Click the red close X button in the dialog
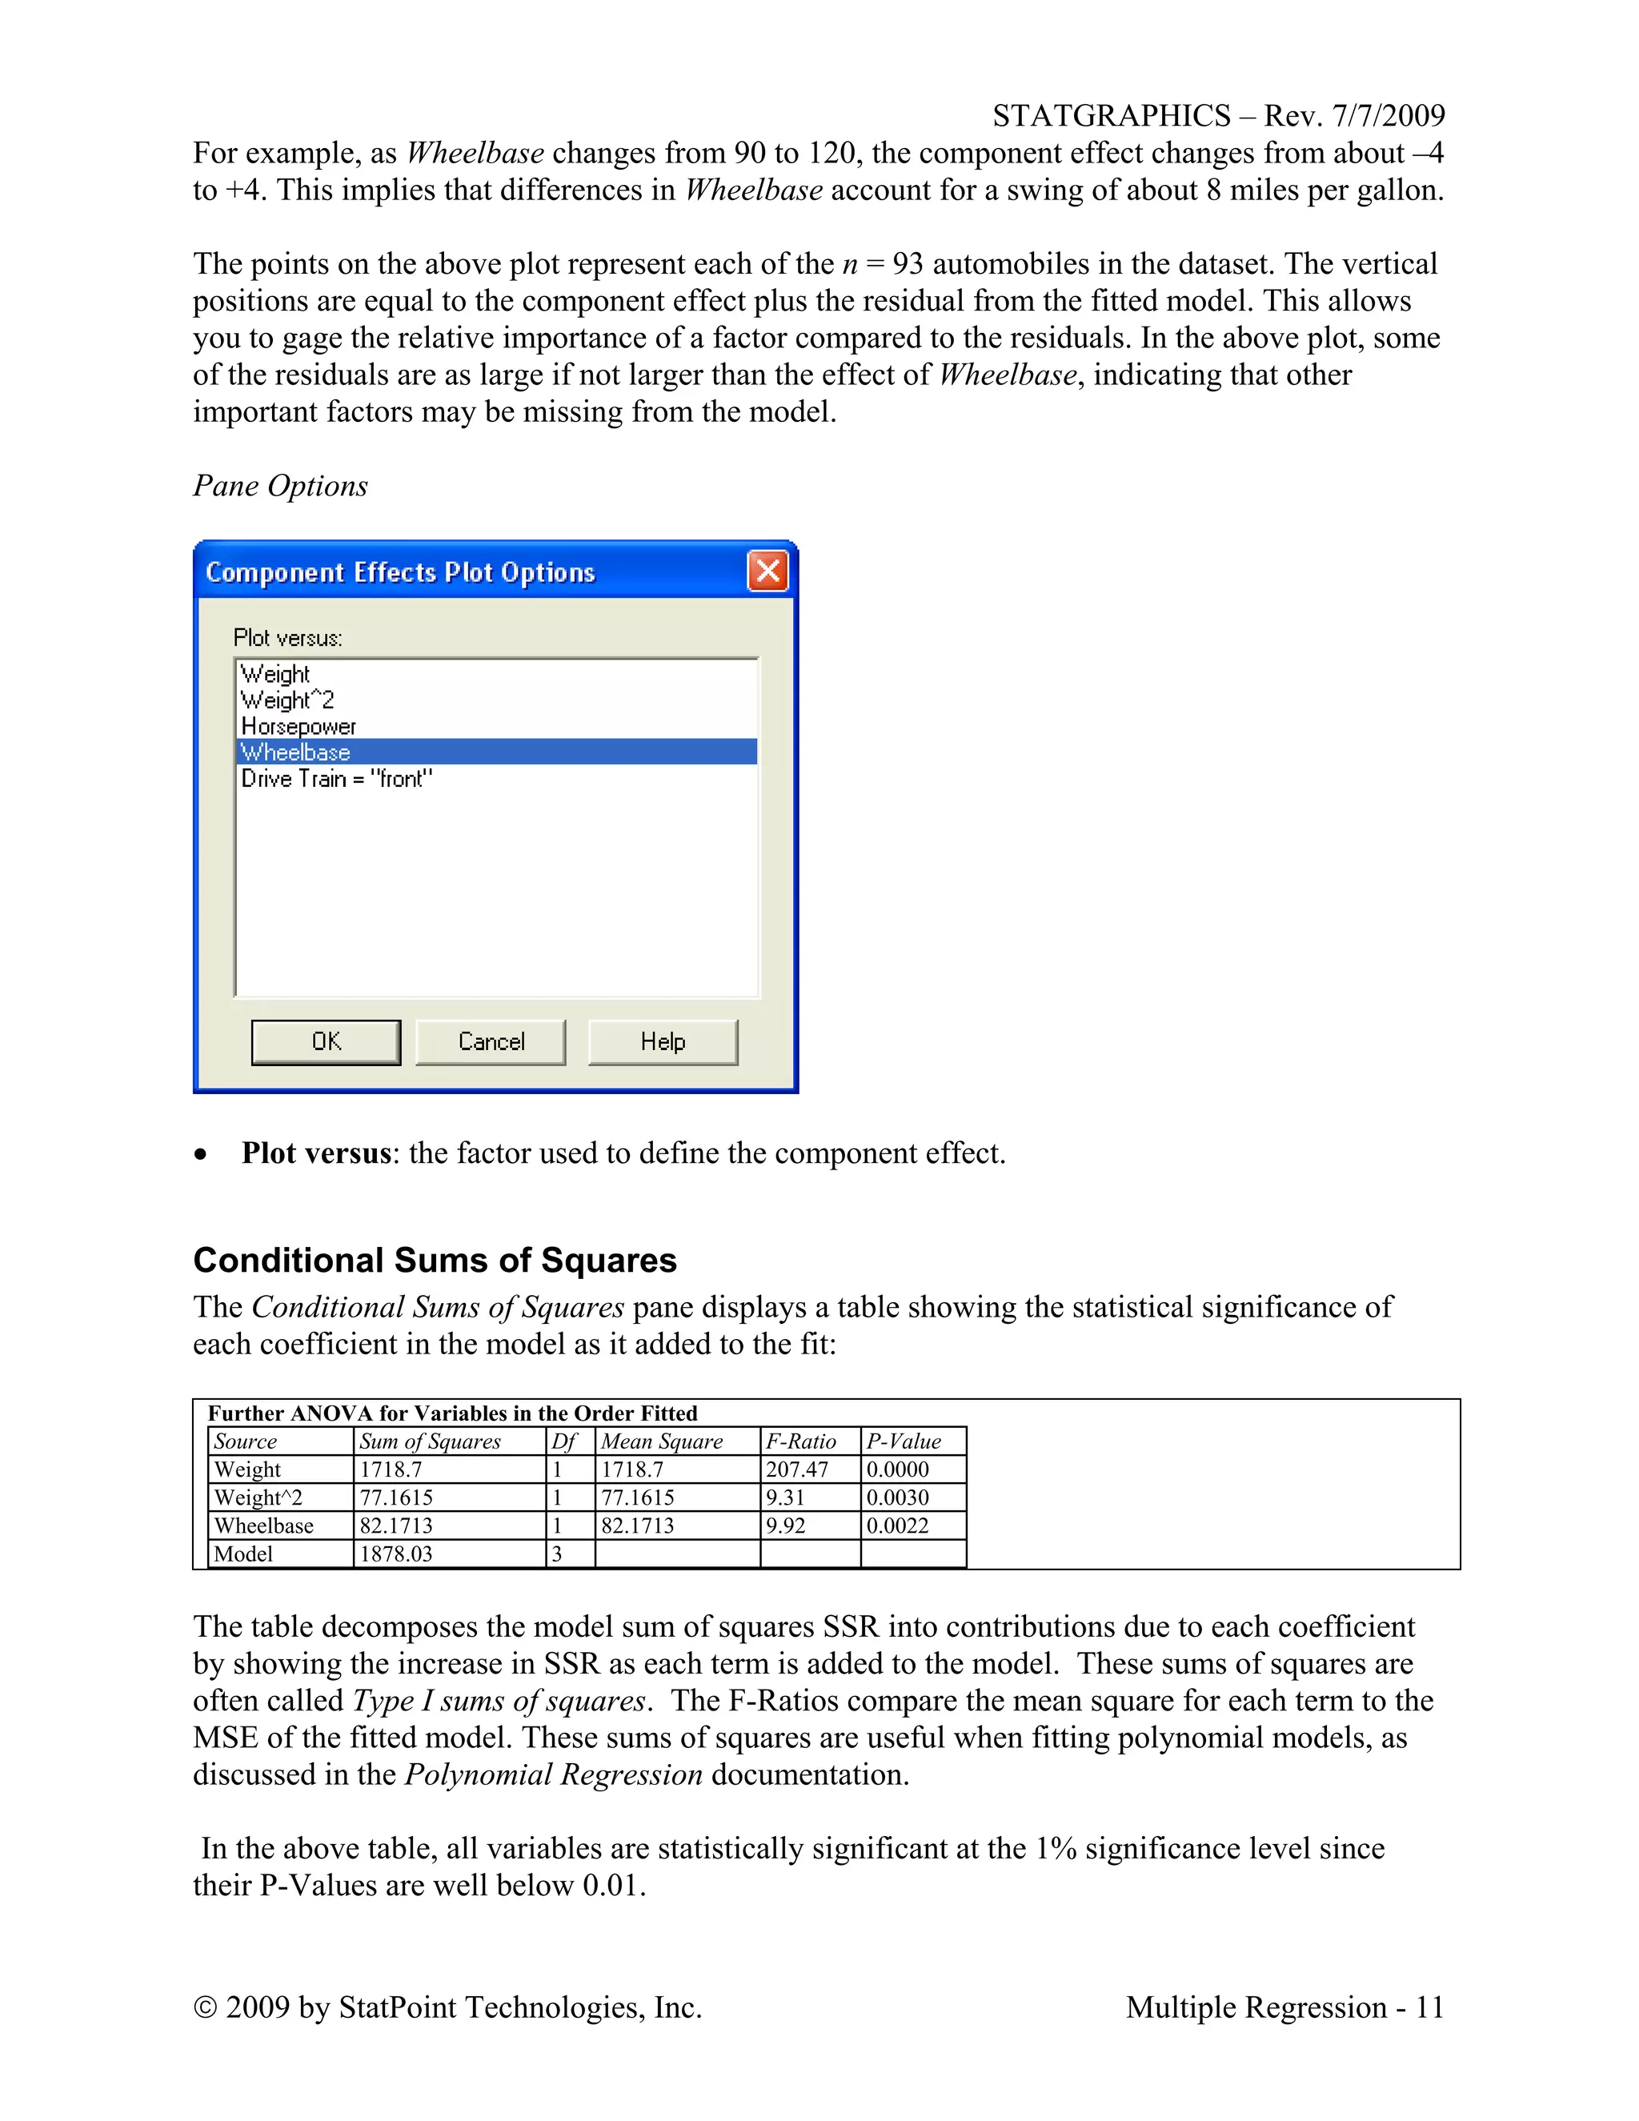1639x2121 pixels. coord(767,571)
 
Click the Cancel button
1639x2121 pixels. coord(491,1042)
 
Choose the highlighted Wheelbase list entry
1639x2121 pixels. coord(295,752)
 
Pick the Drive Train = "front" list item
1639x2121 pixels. coord(336,779)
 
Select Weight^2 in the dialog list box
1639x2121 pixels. coord(287,700)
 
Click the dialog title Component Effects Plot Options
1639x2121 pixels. coord(400,572)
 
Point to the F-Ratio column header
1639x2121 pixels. coord(800,1441)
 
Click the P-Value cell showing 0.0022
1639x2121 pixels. coord(897,1526)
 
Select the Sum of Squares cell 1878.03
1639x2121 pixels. coord(395,1554)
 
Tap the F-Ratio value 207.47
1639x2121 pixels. coord(796,1469)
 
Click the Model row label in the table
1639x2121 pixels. coord(244,1554)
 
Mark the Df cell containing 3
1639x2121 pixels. coord(557,1554)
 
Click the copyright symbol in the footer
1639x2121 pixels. coord(205,2007)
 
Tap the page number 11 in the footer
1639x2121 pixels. coord(1429,2007)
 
